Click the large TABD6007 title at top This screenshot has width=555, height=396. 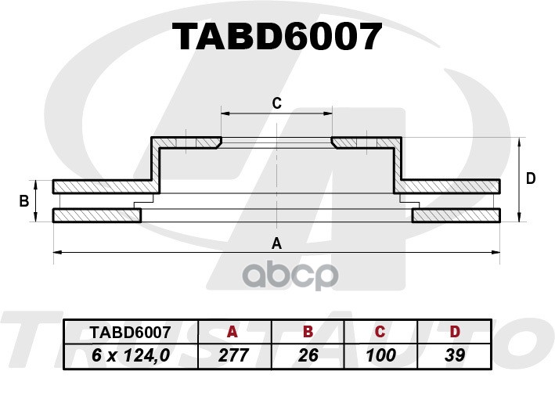pyautogui.click(x=277, y=37)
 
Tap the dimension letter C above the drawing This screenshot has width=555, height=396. pyautogui.click(x=276, y=103)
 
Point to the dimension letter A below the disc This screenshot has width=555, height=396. pyautogui.click(x=276, y=243)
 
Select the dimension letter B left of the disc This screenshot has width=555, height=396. pyautogui.click(x=24, y=201)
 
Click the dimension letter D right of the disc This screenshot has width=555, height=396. pyautogui.click(x=530, y=178)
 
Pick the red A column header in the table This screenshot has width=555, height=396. pyautogui.click(x=232, y=332)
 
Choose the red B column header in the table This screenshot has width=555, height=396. pyautogui.click(x=308, y=332)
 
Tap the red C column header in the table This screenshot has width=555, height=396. pyautogui.click(x=380, y=332)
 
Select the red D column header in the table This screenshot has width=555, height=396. pyautogui.click(x=455, y=332)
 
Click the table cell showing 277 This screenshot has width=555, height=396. pyautogui.click(x=233, y=355)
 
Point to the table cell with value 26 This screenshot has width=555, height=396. pyautogui.click(x=308, y=355)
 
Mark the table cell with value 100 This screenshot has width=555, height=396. pyautogui.click(x=380, y=355)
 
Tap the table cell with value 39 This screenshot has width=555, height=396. pyautogui.click(x=455, y=355)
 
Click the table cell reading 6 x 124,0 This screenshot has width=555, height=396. pyautogui.click(x=131, y=355)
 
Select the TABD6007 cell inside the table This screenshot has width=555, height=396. pyautogui.click(x=130, y=333)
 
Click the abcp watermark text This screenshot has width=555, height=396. pyautogui.click(x=290, y=275)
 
